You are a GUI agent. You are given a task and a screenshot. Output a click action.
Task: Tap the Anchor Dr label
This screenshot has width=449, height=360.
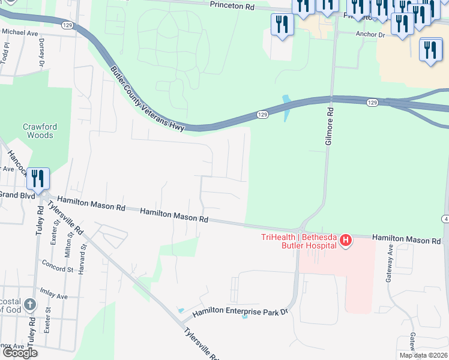(x=370, y=35)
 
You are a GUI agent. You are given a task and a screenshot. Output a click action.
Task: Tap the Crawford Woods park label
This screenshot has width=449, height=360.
(x=38, y=131)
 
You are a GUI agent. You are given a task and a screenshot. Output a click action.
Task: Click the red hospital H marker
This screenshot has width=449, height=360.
(x=345, y=241)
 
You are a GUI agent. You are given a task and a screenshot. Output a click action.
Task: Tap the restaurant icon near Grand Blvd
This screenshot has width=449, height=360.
(x=37, y=179)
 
